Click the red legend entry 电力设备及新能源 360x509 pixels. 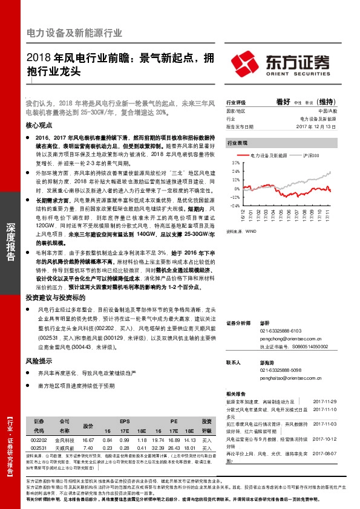(x=269, y=156)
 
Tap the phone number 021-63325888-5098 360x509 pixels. (x=281, y=369)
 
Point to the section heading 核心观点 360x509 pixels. (x=39, y=125)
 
